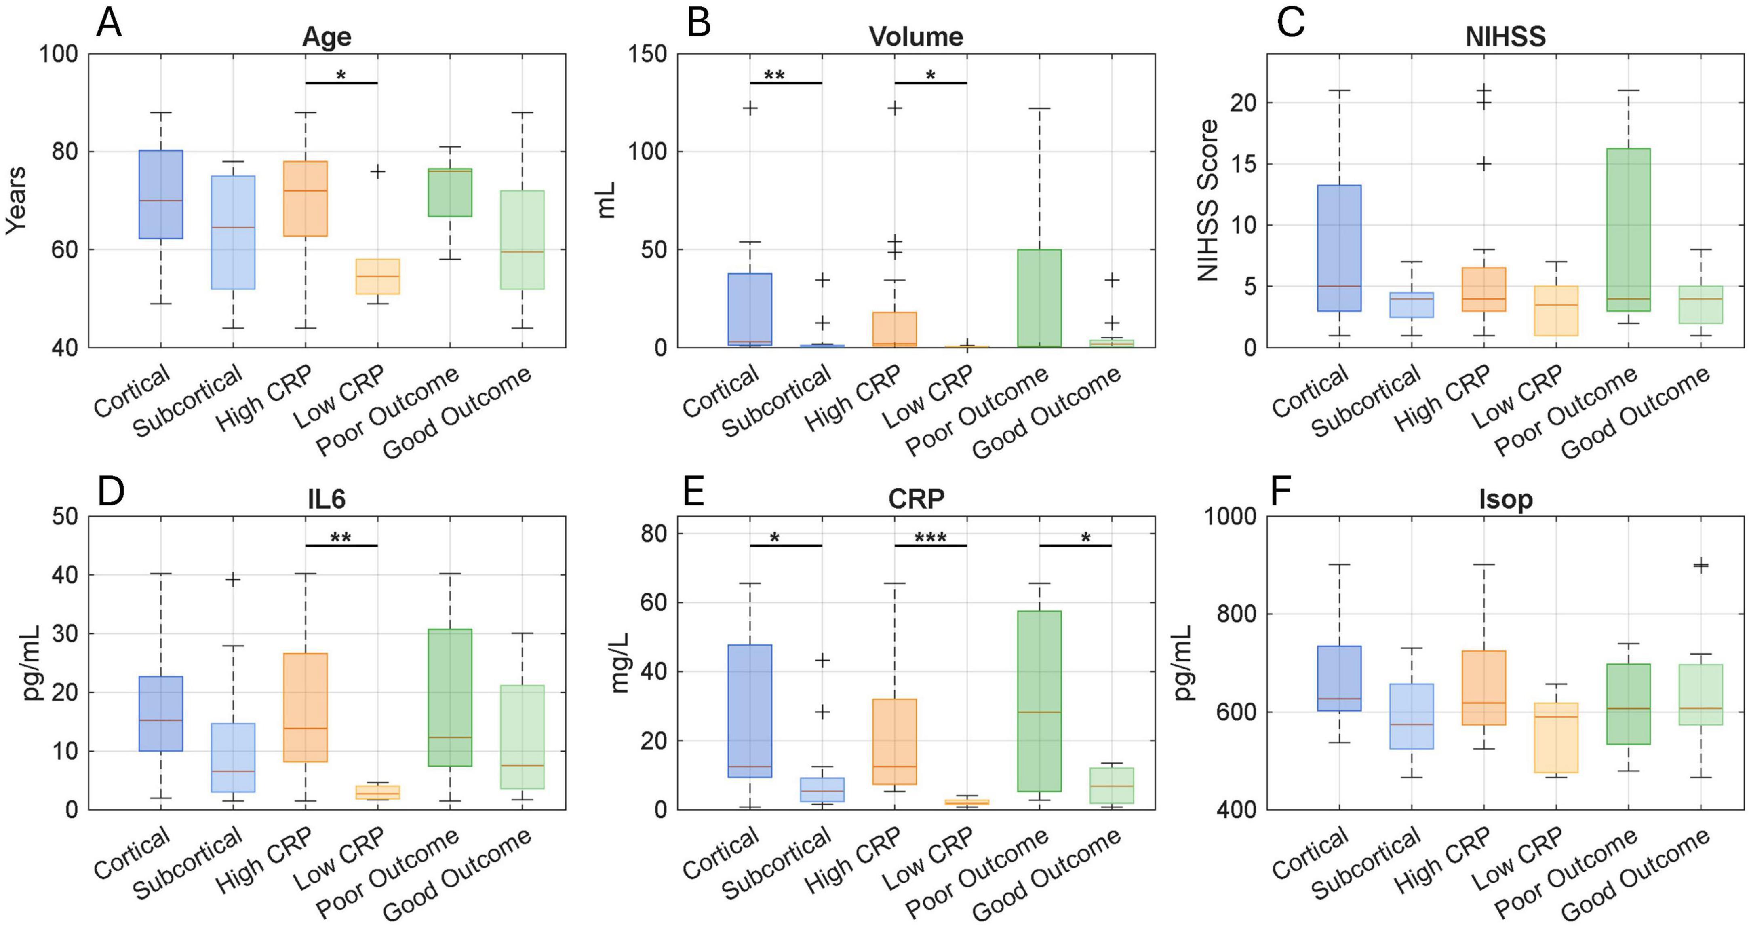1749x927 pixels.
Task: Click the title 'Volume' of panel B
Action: click(916, 37)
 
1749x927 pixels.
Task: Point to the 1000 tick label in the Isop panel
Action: click(1230, 517)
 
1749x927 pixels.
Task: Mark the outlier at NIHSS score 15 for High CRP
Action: click(1484, 165)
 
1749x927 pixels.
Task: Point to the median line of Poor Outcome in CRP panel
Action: click(1039, 712)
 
